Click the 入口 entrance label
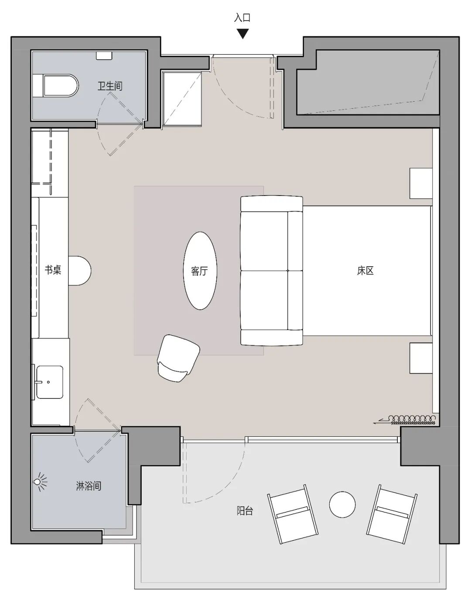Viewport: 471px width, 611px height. tap(242, 18)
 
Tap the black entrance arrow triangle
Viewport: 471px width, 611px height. tap(242, 34)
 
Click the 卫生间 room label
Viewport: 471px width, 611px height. tap(110, 86)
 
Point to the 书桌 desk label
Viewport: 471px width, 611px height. tap(53, 270)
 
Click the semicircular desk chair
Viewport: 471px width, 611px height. tap(80, 271)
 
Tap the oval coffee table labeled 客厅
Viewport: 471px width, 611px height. tap(200, 271)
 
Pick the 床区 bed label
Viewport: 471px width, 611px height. tap(365, 271)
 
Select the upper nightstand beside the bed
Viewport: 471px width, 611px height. tap(421, 183)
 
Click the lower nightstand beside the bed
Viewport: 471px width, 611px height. tap(421, 358)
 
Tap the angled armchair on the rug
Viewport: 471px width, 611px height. tap(178, 358)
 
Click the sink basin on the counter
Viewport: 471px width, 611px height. tap(49, 382)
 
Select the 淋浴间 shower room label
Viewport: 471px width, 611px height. tap(89, 486)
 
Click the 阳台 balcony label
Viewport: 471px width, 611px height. tap(245, 510)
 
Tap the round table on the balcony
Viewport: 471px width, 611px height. tap(342, 505)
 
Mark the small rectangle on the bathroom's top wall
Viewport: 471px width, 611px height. tap(104, 55)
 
